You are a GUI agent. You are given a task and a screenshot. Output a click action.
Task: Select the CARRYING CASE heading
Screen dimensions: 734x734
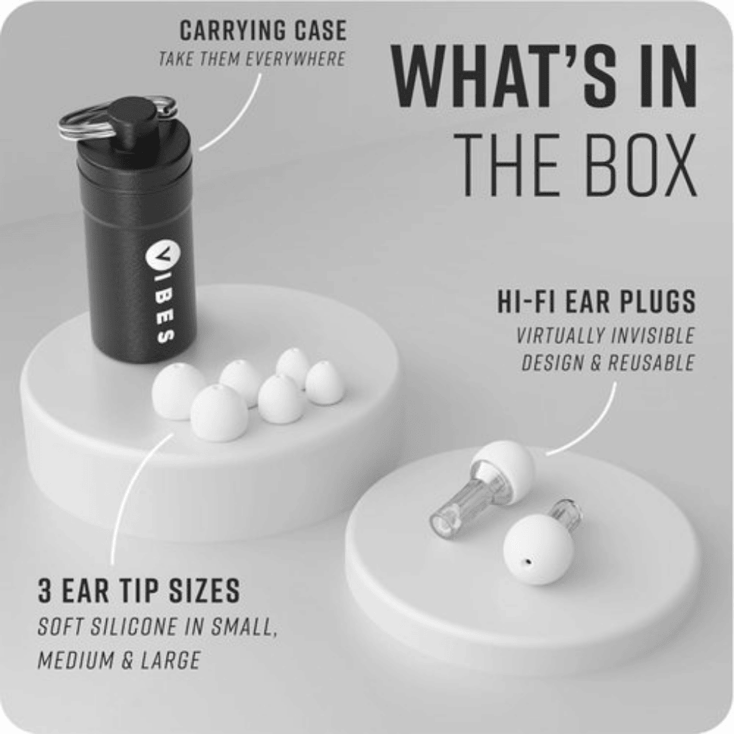(x=262, y=31)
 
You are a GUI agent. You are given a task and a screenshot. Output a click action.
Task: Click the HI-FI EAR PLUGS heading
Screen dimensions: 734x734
(x=596, y=302)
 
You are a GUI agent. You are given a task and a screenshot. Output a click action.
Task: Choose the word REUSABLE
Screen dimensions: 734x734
(x=652, y=363)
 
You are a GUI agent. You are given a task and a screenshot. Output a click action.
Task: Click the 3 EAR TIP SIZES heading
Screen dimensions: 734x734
(x=138, y=591)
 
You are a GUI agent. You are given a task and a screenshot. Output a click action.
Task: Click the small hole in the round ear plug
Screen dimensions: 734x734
(x=526, y=565)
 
